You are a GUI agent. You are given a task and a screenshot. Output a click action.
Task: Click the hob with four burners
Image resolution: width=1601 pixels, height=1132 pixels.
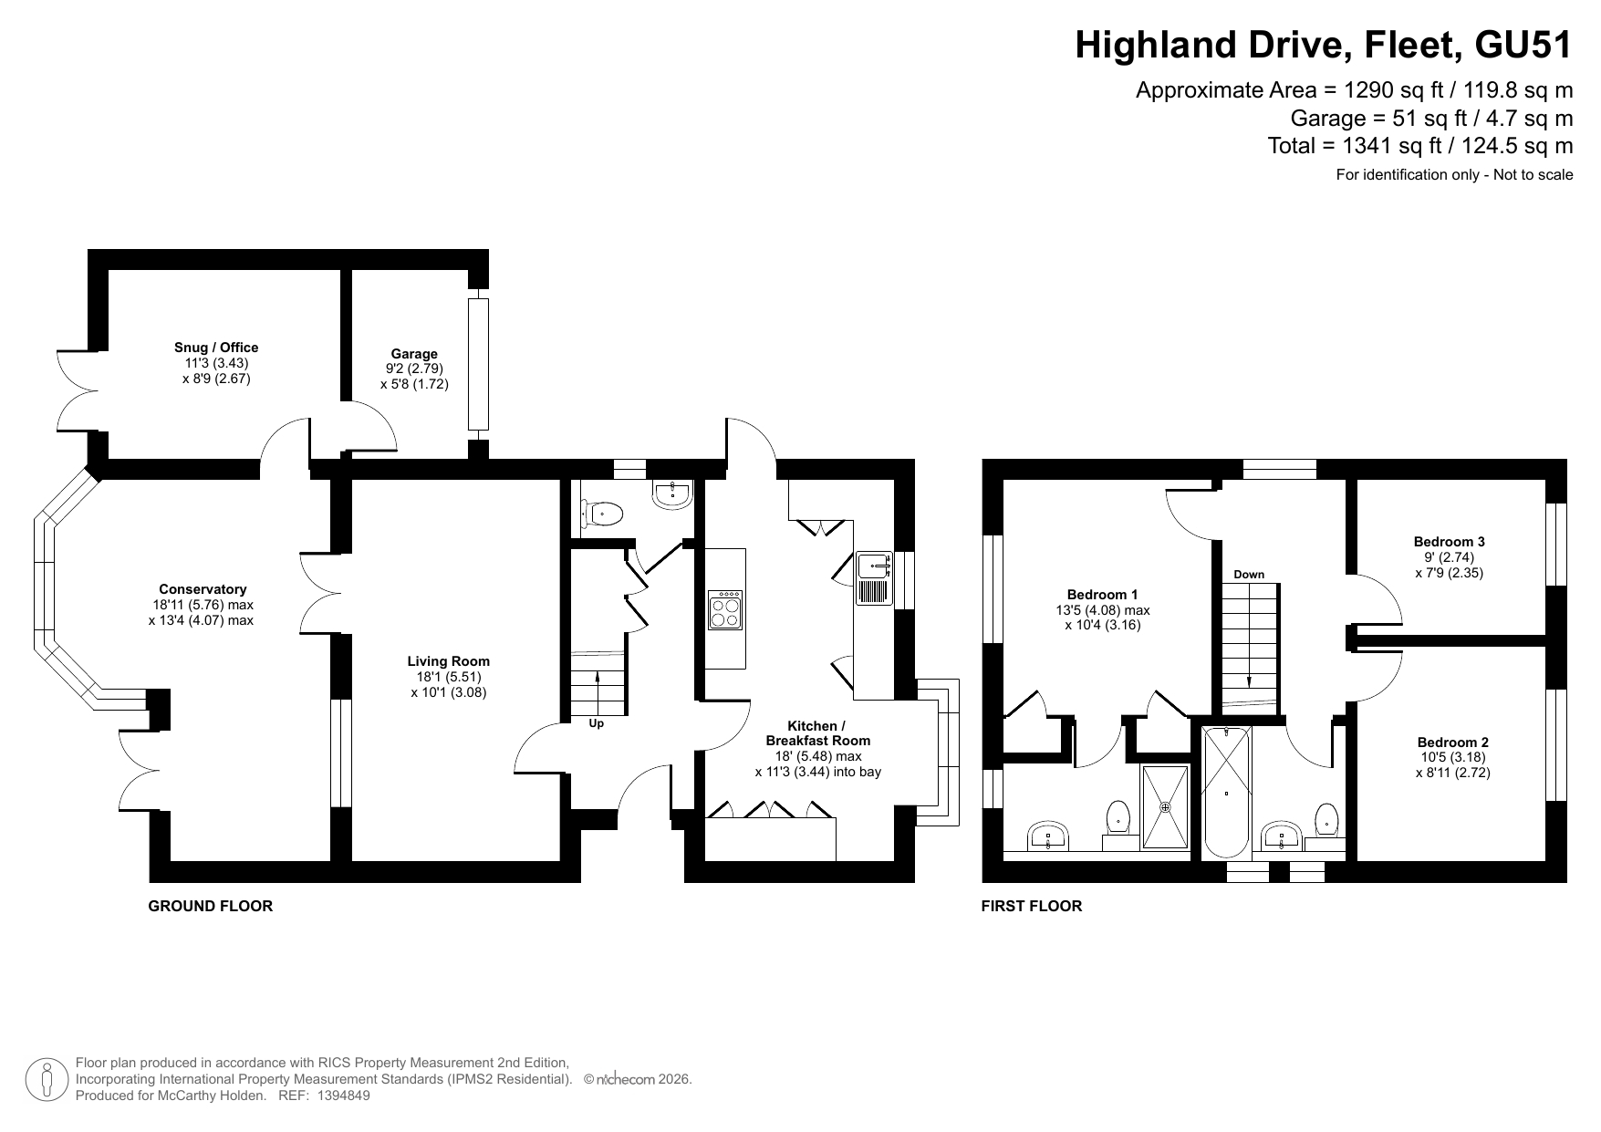click(x=726, y=610)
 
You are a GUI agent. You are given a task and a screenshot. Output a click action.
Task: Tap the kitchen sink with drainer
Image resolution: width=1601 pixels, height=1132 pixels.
click(x=874, y=578)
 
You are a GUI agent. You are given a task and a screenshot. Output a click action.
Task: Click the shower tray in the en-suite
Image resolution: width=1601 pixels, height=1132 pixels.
click(x=1166, y=808)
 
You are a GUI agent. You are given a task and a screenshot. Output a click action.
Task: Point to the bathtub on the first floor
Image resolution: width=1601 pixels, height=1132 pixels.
click(x=1227, y=793)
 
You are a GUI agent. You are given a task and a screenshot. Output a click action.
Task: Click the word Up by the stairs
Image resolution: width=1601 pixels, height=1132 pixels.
click(x=597, y=724)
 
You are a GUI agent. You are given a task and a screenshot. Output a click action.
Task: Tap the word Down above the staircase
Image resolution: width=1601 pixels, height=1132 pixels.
click(x=1249, y=575)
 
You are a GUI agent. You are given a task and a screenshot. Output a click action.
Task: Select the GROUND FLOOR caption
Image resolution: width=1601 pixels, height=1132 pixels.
click(x=211, y=906)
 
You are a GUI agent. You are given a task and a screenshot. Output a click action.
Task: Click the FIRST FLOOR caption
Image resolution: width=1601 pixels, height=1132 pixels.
click(x=1032, y=906)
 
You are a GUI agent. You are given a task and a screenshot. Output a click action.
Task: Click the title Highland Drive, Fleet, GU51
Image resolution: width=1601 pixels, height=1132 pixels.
click(x=1324, y=45)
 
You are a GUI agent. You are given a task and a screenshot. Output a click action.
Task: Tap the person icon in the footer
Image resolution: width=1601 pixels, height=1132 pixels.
click(x=47, y=1079)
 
